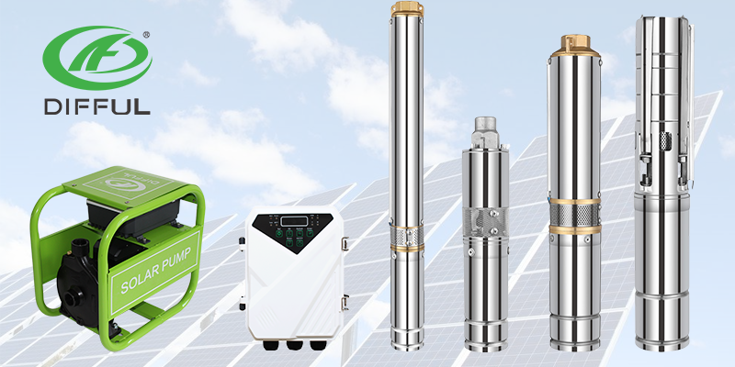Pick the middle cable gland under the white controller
293,347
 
